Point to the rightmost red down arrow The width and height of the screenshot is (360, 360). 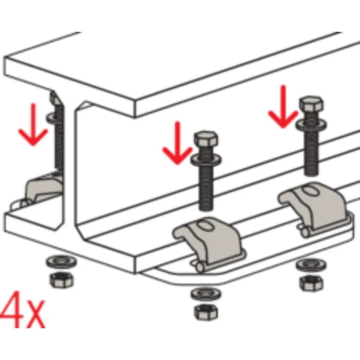click(283, 107)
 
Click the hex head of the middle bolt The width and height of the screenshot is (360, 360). click(206, 139)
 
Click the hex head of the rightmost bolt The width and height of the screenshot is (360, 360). click(311, 103)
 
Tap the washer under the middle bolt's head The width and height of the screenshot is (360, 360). click(206, 159)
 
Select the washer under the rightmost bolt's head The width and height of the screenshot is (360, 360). click(311, 124)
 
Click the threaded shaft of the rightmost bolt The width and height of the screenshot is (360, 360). click(311, 153)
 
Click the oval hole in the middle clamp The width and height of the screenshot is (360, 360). click(206, 225)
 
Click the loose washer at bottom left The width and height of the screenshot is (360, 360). click(62, 261)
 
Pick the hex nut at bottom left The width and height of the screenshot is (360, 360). click(62, 280)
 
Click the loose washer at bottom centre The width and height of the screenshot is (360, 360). click(206, 294)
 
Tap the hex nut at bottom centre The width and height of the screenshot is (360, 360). click(206, 312)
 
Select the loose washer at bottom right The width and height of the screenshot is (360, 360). click(311, 265)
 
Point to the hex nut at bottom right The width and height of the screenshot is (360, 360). click(311, 283)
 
